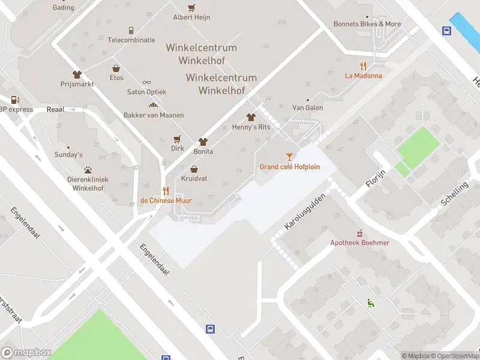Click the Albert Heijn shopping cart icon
coord(191,8)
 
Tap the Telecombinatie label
coord(131,40)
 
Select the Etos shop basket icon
coord(116,68)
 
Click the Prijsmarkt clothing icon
coord(77,74)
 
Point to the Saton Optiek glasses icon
coord(146,83)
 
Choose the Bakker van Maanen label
coord(154,115)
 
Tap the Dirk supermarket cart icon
coord(177,139)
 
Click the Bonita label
coord(203,152)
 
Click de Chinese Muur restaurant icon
coord(166,191)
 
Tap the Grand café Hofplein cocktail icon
coord(290,157)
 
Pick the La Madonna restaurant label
coord(363,76)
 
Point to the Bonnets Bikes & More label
coord(367,24)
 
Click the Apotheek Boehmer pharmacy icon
coord(360,233)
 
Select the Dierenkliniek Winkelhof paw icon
coord(88,170)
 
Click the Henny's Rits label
coord(251,127)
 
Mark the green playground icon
coord(370,304)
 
